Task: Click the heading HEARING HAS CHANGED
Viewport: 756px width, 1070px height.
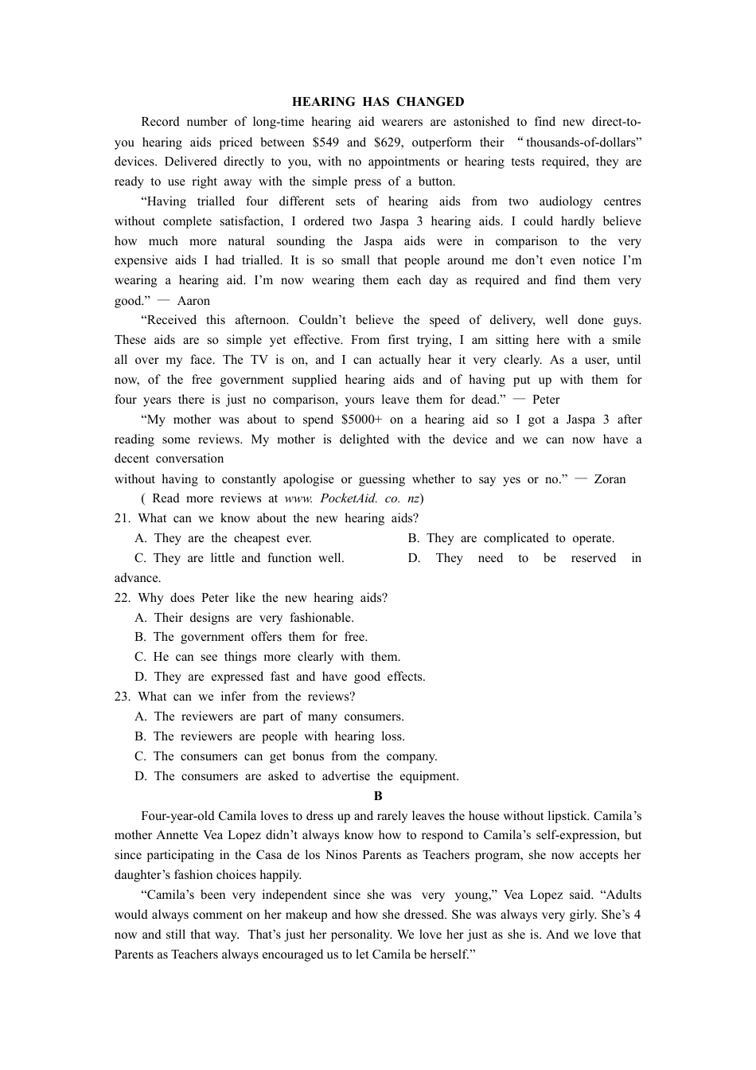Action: point(378,102)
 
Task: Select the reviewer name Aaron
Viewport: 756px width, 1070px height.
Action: point(193,301)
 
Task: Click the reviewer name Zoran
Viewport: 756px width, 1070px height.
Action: point(610,479)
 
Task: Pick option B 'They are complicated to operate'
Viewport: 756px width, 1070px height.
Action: point(511,538)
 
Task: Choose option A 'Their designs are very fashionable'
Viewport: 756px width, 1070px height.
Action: point(244,618)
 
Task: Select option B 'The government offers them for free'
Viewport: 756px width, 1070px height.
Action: point(251,637)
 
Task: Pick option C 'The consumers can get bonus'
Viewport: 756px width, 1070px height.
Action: point(286,756)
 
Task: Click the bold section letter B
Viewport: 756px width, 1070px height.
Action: point(378,796)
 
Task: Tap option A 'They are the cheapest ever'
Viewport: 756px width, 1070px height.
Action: point(224,538)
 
